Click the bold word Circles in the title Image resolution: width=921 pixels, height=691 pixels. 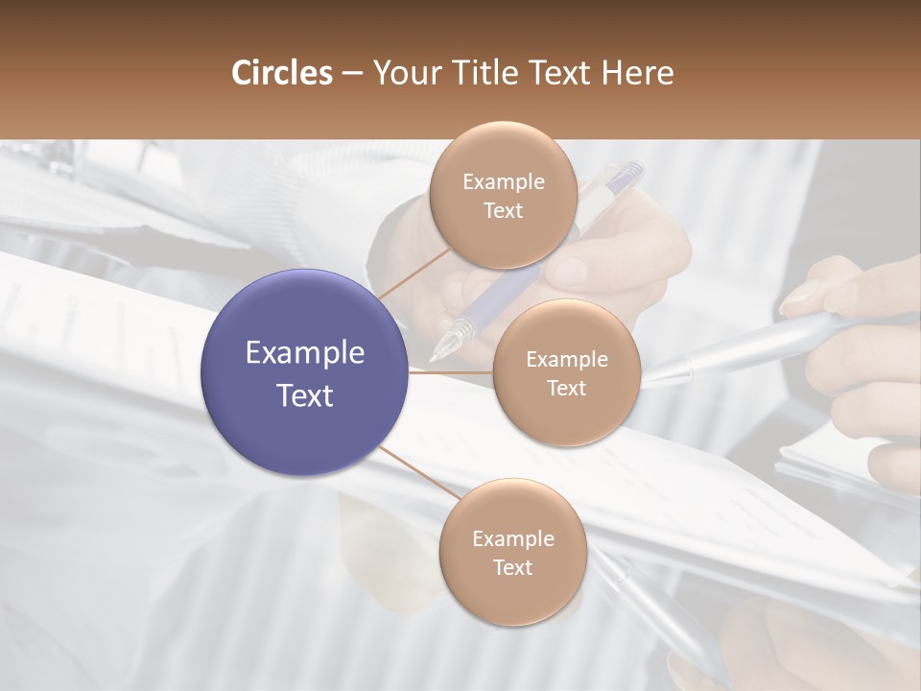281,73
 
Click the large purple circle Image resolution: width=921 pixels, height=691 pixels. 305,372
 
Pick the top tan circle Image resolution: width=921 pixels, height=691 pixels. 503,196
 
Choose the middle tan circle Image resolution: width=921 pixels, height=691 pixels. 566,373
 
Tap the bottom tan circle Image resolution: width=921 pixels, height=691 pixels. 512,553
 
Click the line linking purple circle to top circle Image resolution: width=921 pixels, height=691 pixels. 413,271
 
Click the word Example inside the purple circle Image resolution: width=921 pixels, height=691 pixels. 305,353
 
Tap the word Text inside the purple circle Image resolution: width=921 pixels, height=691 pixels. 305,395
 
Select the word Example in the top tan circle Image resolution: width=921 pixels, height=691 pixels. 504,182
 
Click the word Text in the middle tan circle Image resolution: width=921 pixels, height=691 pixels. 566,389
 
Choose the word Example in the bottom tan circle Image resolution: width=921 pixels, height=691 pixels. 513,539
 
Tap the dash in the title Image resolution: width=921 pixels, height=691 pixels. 352,73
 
